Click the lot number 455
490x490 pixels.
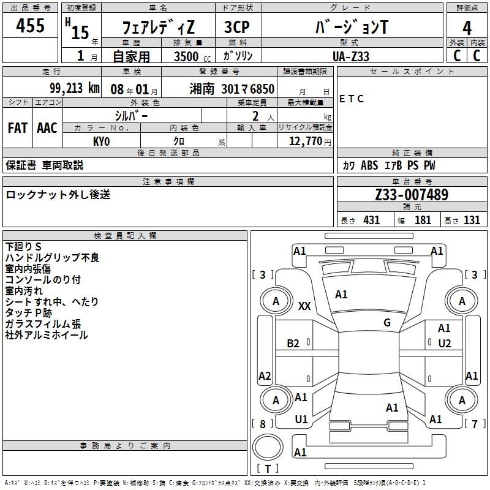coord(31,26)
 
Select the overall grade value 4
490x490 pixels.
coord(467,28)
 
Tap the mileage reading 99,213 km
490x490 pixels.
coord(75,88)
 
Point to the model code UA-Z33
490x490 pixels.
coord(351,56)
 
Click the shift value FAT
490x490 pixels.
coord(17,128)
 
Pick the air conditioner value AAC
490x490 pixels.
coord(47,128)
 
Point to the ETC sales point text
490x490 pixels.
coord(352,99)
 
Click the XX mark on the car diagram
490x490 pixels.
coord(304,306)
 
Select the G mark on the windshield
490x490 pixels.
coord(387,322)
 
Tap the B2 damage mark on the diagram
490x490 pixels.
coord(293,344)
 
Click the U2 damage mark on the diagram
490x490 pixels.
coord(445,344)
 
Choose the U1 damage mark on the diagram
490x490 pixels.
coord(301,420)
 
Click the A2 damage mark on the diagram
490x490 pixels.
coord(265,375)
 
